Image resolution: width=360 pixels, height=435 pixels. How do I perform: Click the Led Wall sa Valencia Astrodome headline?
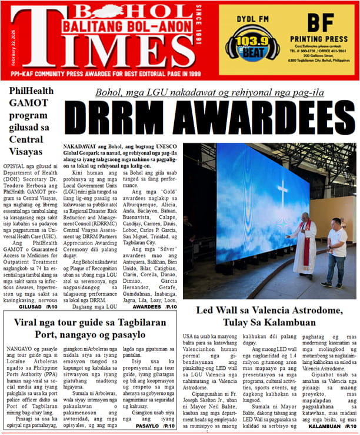269,315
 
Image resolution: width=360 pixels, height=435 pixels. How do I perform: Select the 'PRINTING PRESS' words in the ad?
321,39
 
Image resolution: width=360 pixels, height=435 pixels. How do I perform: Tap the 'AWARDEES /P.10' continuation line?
155,306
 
